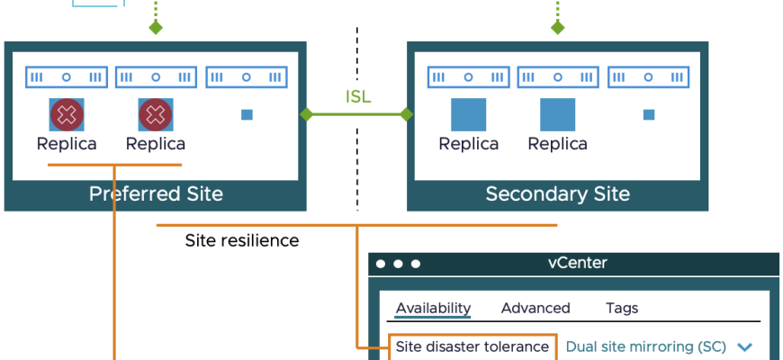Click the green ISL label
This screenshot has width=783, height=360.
(x=358, y=97)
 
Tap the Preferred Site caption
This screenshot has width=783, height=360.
(x=156, y=193)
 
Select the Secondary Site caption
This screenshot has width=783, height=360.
(x=557, y=193)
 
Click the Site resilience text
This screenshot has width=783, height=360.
(x=241, y=240)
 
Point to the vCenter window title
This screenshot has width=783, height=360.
(x=577, y=263)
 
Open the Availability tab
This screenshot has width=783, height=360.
(x=433, y=308)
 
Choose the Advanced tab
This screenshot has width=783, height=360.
(x=535, y=308)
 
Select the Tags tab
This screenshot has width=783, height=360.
(x=622, y=308)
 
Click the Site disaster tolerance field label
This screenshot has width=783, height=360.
(x=472, y=346)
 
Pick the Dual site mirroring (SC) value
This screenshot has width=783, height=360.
(x=645, y=346)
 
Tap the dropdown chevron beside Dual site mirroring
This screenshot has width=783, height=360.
(x=744, y=347)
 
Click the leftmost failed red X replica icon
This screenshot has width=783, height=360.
(x=66, y=114)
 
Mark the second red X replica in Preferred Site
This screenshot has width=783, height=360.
(x=156, y=114)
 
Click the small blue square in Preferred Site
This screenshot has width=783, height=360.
(x=247, y=115)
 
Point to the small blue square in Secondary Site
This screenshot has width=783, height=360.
(x=649, y=115)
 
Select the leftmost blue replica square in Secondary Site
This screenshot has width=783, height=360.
(x=468, y=115)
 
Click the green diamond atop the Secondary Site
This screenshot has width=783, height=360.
(x=557, y=28)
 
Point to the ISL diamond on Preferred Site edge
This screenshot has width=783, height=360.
(x=307, y=114)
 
